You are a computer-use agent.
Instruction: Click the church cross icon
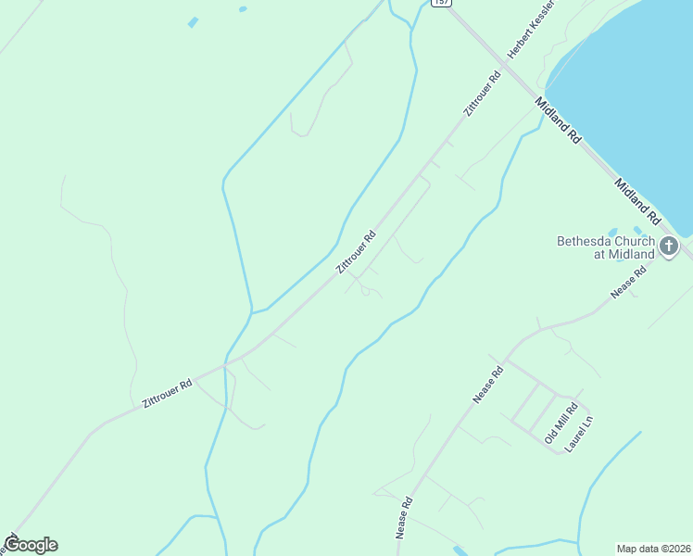668,246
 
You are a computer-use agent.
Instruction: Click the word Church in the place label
636,241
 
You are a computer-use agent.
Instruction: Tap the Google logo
31,545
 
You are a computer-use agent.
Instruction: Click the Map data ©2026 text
653,548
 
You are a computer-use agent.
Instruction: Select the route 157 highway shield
441,3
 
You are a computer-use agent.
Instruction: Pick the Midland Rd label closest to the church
636,202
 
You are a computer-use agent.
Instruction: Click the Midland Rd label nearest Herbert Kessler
558,120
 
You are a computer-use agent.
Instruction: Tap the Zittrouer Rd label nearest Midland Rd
482,94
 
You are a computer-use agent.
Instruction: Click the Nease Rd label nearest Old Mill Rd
487,385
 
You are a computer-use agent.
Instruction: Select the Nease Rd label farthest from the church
404,517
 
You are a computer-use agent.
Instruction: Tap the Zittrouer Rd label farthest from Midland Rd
167,393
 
